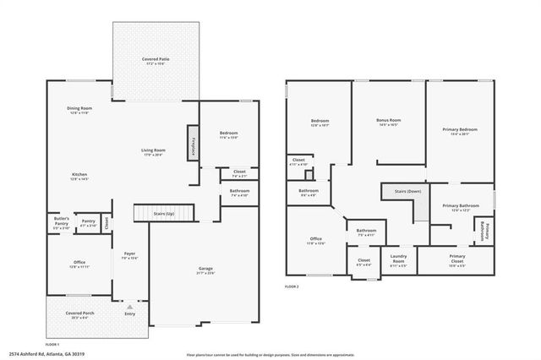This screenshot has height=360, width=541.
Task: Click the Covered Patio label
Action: coord(154,61)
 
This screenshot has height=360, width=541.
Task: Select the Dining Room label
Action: coord(79,110)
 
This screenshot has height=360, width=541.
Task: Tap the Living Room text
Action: coord(153,152)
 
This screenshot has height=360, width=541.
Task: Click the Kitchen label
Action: coord(79,177)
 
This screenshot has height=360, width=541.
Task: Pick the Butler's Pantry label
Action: coord(61,225)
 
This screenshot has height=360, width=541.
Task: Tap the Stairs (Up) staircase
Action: coord(163,215)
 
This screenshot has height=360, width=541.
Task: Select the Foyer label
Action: coord(129,255)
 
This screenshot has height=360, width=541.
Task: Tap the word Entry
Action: coord(129,314)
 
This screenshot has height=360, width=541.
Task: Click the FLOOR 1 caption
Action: coord(52,344)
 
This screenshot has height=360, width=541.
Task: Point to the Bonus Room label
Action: coord(388,122)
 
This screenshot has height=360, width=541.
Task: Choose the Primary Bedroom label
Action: coord(460,131)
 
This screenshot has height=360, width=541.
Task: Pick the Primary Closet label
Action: coord(456,259)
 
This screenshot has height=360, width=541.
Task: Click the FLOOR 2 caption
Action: coord(292,286)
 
